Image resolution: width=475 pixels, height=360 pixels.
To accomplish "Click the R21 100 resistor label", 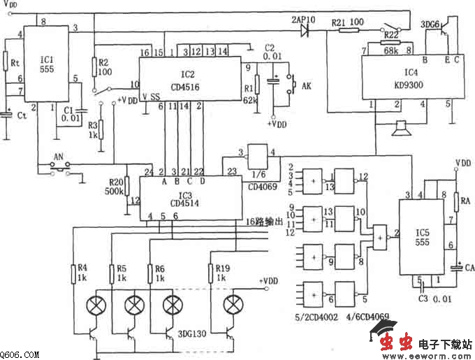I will pos(347,23).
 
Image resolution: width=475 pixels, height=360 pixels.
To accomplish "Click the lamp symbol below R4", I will pos(94,305).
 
